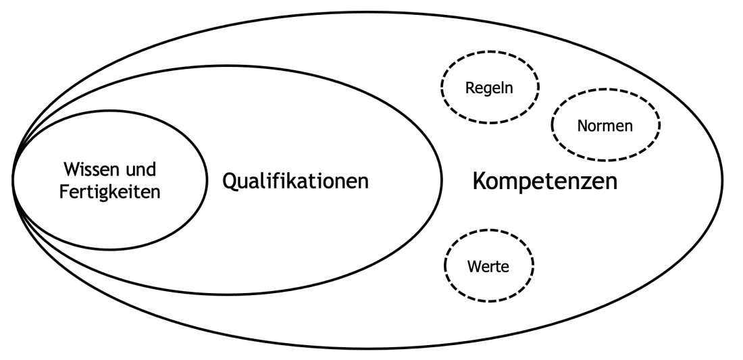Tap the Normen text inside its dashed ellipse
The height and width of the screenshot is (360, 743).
(x=605, y=126)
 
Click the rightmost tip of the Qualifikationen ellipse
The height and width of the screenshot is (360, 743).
(x=441, y=180)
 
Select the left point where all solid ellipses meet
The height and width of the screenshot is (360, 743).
(x=14, y=180)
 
